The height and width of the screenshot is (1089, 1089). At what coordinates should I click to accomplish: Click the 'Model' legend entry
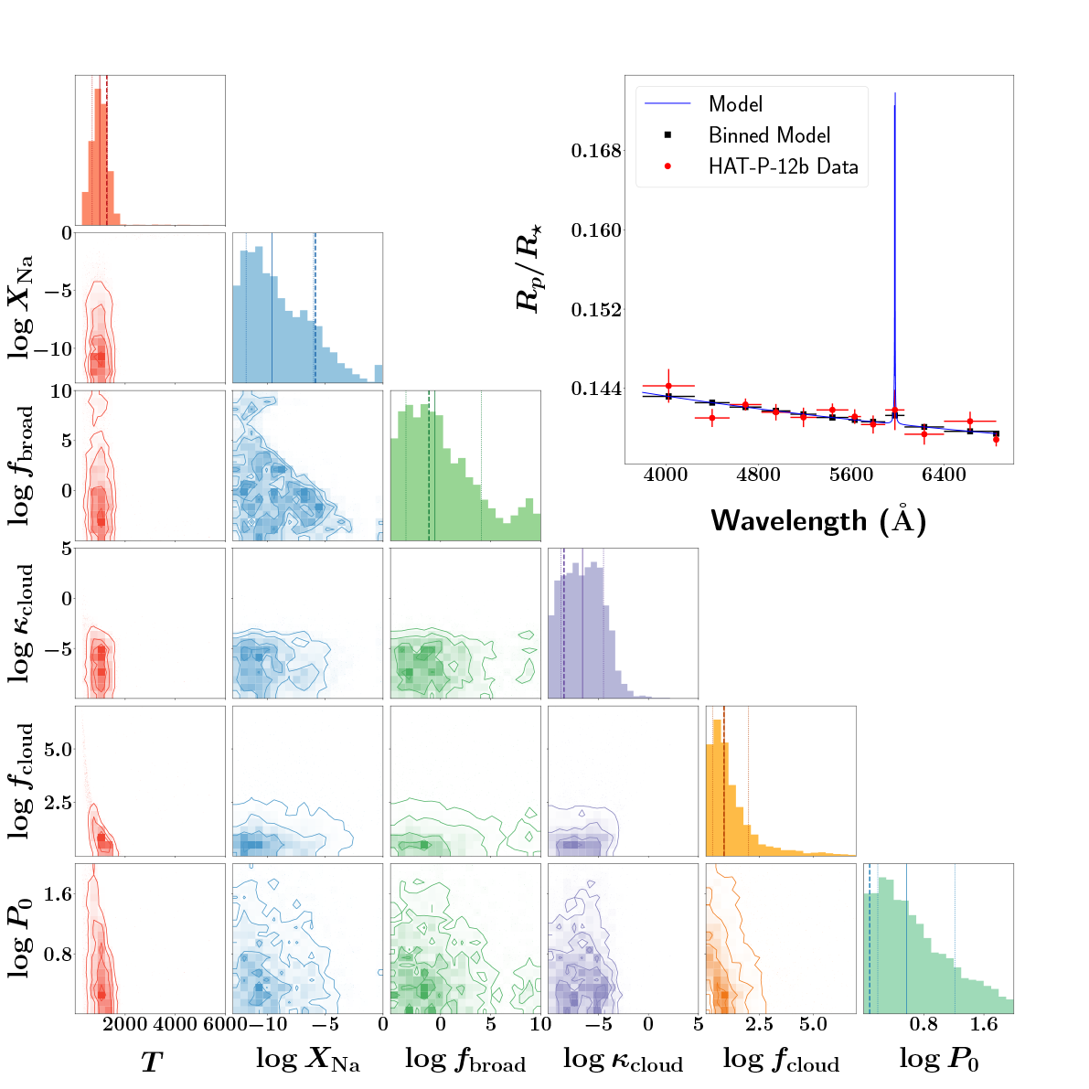(x=735, y=104)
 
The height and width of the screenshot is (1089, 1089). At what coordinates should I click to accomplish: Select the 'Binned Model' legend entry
(x=769, y=135)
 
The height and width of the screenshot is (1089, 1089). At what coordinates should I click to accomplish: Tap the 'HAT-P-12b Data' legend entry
(x=783, y=166)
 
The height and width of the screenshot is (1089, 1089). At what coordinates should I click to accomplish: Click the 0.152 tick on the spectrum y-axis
(x=596, y=310)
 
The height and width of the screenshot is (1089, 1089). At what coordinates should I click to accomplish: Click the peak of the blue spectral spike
(x=895, y=93)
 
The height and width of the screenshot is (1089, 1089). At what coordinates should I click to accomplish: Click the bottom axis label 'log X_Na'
(x=307, y=1061)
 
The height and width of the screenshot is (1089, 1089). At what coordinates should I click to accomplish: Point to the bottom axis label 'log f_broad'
(x=465, y=1061)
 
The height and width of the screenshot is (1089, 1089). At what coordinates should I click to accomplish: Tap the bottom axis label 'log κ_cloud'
(x=623, y=1061)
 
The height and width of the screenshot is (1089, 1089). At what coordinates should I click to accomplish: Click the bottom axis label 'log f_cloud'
(x=781, y=1061)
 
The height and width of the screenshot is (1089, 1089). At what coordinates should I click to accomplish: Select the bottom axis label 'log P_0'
(x=939, y=1061)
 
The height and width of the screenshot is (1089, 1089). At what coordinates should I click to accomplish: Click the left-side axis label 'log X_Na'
(x=24, y=307)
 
